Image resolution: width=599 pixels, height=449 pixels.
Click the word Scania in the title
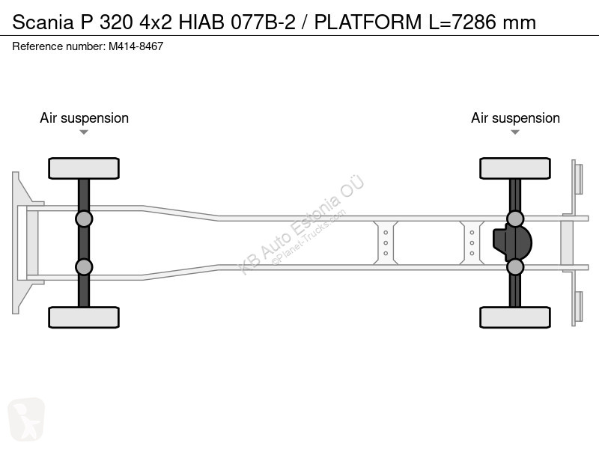43,22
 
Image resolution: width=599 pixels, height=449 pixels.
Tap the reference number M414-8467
136,46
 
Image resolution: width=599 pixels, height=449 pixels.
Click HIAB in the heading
201,22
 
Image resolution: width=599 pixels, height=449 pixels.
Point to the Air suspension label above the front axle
84,118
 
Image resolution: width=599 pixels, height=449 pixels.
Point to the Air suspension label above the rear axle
515,118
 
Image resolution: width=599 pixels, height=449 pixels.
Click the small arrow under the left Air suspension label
84,132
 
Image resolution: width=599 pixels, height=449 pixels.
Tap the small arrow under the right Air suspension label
515,132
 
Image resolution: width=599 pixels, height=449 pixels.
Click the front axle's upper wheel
84,168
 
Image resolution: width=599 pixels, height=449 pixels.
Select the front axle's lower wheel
84,317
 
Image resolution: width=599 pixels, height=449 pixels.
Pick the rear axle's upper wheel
515,168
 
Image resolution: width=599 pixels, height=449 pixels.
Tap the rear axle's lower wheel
515,317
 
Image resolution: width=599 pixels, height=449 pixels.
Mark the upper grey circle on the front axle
84,219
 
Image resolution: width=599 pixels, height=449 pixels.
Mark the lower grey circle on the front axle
84,267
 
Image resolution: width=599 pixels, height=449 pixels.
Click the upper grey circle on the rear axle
515,219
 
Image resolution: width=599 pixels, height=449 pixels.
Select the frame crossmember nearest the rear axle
472,242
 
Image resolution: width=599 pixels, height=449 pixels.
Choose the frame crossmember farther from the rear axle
386,242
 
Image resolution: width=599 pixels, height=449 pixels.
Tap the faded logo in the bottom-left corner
26,419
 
